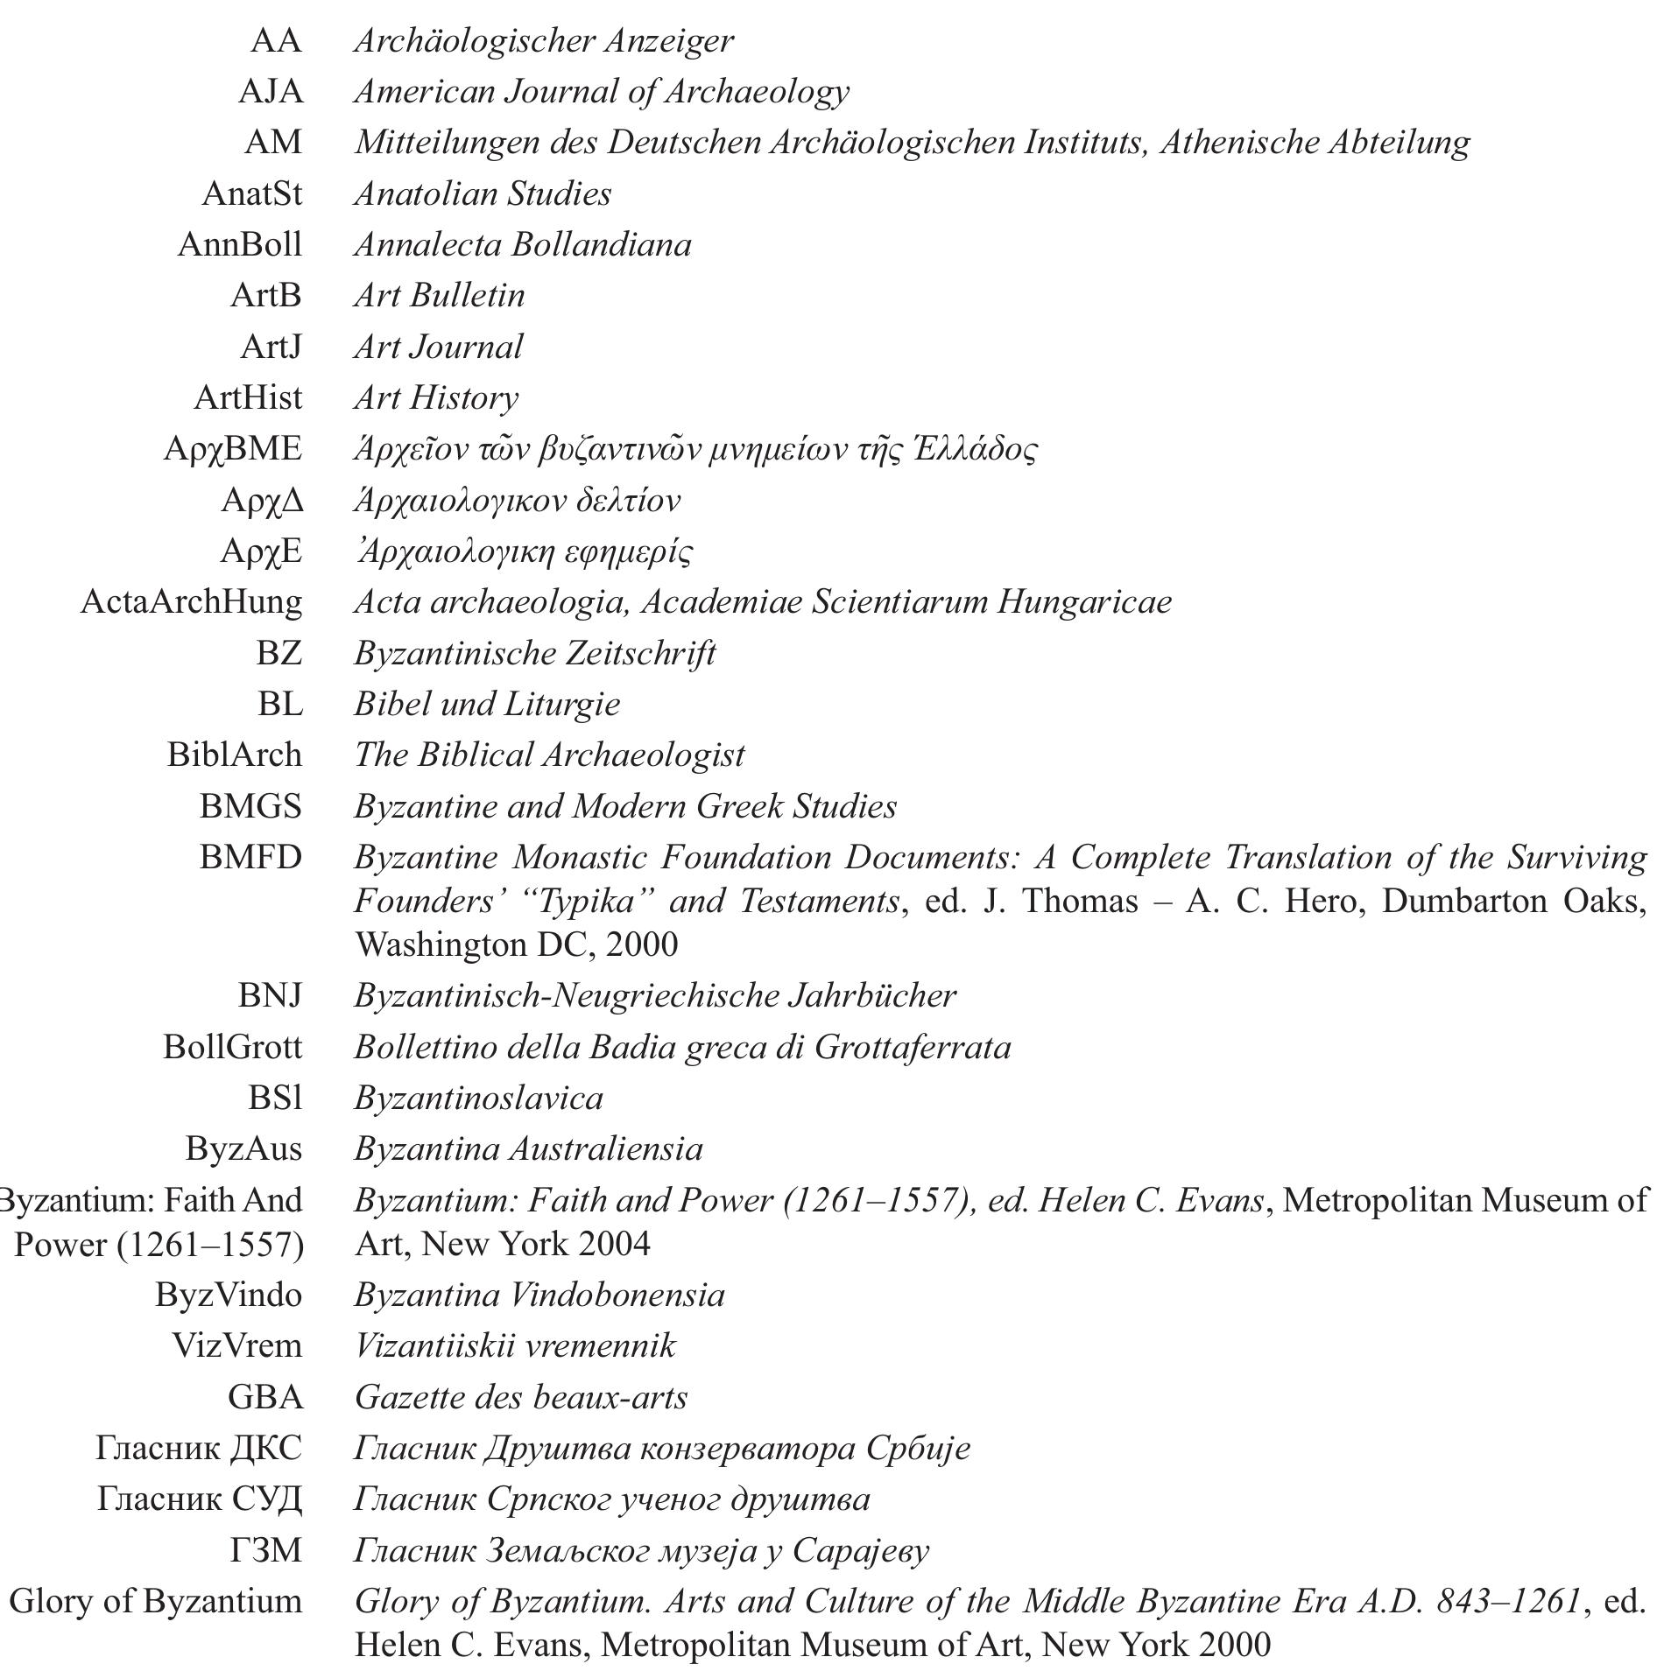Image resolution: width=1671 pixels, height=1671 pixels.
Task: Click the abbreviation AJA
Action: (x=271, y=91)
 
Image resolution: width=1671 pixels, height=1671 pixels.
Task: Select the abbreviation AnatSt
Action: (x=251, y=193)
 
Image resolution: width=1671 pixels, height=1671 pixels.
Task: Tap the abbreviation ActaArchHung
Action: (x=191, y=601)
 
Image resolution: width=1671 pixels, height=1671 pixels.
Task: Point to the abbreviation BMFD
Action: (x=250, y=856)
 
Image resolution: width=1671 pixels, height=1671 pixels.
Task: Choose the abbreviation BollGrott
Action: (x=232, y=1046)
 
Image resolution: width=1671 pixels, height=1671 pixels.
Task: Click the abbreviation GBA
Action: (x=264, y=1396)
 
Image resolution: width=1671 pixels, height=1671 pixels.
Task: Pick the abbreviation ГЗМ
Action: (x=265, y=1549)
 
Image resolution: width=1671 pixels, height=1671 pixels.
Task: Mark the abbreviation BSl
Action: (x=275, y=1097)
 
